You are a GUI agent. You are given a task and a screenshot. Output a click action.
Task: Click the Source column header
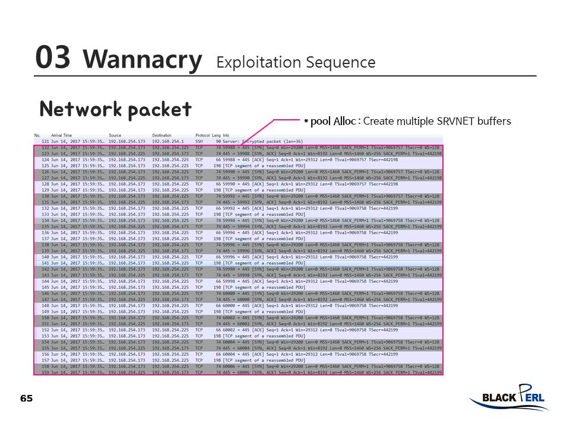115,136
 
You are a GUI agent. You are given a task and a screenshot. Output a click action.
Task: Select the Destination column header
161,136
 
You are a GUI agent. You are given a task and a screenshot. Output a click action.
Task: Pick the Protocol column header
202,136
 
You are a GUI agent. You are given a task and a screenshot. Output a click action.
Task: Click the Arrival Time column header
61,136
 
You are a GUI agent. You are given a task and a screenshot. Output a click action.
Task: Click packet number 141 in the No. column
45,263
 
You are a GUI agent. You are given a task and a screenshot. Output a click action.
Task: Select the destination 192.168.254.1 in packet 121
168,142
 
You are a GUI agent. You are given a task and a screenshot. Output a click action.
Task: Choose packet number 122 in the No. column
45,148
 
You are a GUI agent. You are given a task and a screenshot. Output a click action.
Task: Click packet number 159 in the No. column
45,372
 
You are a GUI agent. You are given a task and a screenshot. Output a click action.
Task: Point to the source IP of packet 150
126,318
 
